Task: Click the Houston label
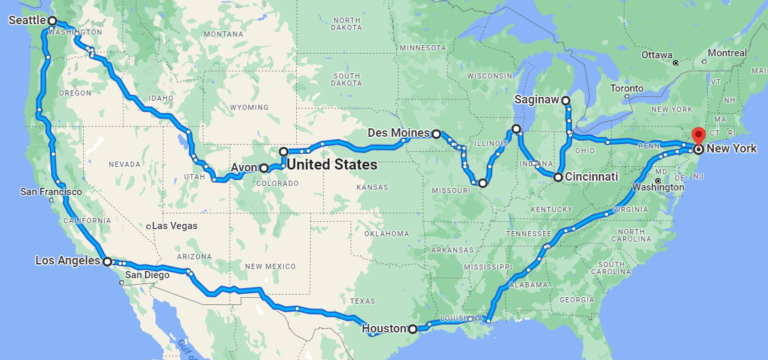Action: [384, 328]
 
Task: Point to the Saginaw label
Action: [536, 100]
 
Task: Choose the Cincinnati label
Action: [593, 177]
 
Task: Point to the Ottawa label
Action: [656, 55]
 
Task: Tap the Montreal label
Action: [727, 53]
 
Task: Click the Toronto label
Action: [627, 88]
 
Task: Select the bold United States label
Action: [332, 164]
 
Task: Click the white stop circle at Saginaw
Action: [566, 101]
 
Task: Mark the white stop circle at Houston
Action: [413, 328]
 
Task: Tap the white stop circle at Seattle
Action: [53, 20]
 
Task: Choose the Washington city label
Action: [657, 187]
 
